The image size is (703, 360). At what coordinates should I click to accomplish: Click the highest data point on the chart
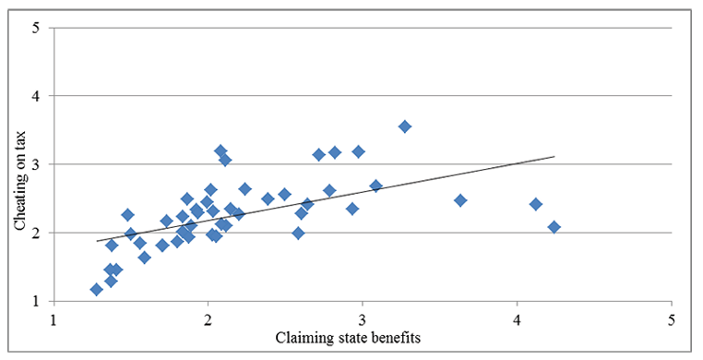[x=404, y=126]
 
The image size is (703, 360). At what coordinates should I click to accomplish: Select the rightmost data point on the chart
[x=554, y=226]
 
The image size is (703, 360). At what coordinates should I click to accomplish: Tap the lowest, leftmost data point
[x=96, y=290]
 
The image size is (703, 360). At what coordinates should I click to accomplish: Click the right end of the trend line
[x=554, y=157]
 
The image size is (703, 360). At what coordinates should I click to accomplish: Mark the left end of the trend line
[x=97, y=241]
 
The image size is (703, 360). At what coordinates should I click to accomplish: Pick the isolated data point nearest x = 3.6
[x=460, y=200]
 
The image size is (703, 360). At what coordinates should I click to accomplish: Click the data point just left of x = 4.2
[x=535, y=204]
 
